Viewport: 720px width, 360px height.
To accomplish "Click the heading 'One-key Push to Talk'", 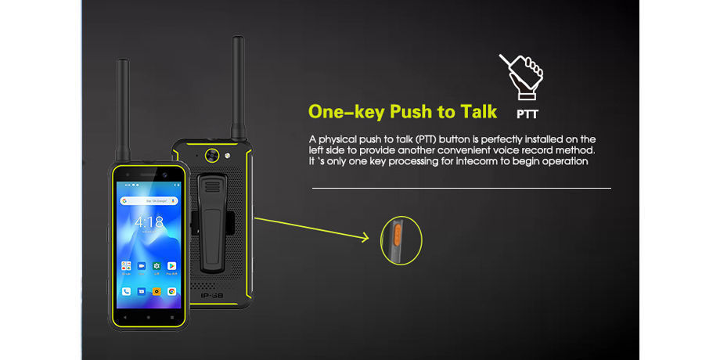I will coord(402,111).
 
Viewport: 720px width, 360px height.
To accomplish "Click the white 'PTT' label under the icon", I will coord(528,112).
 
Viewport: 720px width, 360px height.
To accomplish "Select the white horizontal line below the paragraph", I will coord(461,189).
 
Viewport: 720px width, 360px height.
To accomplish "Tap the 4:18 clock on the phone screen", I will coord(149,222).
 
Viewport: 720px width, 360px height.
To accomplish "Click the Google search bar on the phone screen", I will coord(149,200).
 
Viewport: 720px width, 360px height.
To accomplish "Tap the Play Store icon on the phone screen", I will coord(171,266).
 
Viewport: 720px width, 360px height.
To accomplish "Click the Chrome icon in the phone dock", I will coord(171,291).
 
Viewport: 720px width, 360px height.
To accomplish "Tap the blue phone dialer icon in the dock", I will coord(125,291).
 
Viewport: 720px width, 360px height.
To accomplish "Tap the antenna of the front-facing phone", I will coord(123,110).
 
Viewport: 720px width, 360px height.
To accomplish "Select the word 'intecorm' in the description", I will coord(462,161).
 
